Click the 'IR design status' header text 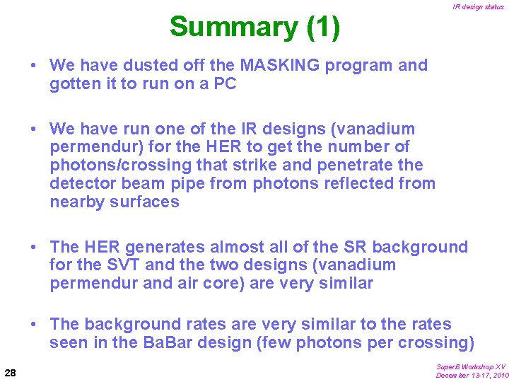[x=479, y=7]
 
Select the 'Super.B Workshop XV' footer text [x=471, y=366]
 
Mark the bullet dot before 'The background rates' [x=34, y=325]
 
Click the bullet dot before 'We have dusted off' [x=34, y=66]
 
